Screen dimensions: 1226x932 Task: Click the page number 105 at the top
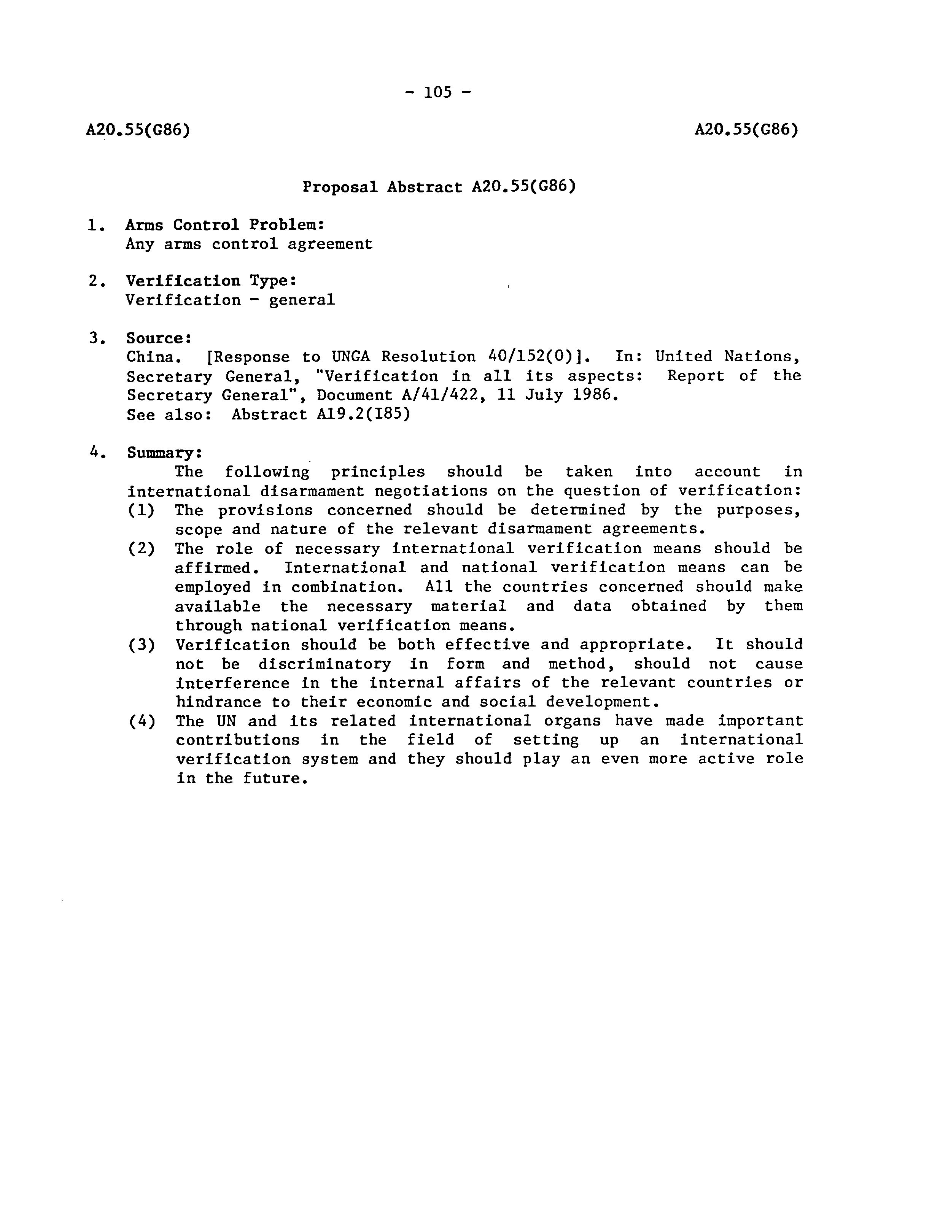click(438, 92)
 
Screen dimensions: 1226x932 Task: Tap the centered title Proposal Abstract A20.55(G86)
click(439, 186)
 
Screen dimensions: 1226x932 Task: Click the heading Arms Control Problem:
click(225, 225)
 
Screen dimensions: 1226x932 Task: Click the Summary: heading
click(165, 453)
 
